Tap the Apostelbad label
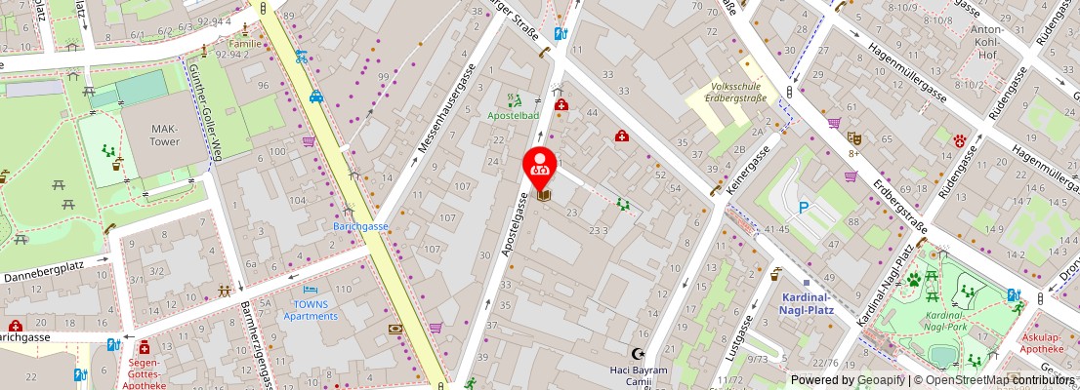514,115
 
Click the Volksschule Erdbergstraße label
730,90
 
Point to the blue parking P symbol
804,207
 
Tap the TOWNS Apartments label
312,310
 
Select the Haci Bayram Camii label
639,375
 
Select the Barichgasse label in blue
360,226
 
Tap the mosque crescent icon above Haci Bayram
639,354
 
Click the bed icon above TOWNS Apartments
311,291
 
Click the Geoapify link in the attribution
882,380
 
